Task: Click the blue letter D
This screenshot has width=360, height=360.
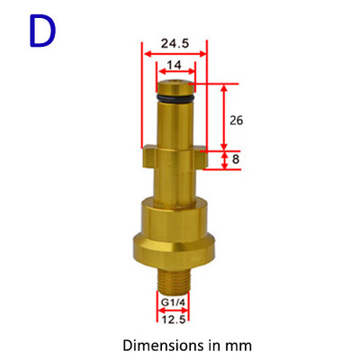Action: (x=41, y=31)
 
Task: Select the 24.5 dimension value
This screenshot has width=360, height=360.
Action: (x=174, y=41)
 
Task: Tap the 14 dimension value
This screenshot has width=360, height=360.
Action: (x=175, y=66)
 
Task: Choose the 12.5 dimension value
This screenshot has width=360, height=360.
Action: (x=174, y=319)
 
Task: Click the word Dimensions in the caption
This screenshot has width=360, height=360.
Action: (x=155, y=344)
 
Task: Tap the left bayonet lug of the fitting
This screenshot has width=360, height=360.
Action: (x=149, y=159)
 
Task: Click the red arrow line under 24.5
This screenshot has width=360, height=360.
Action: (x=174, y=53)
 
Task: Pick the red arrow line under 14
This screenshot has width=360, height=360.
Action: (x=175, y=76)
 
